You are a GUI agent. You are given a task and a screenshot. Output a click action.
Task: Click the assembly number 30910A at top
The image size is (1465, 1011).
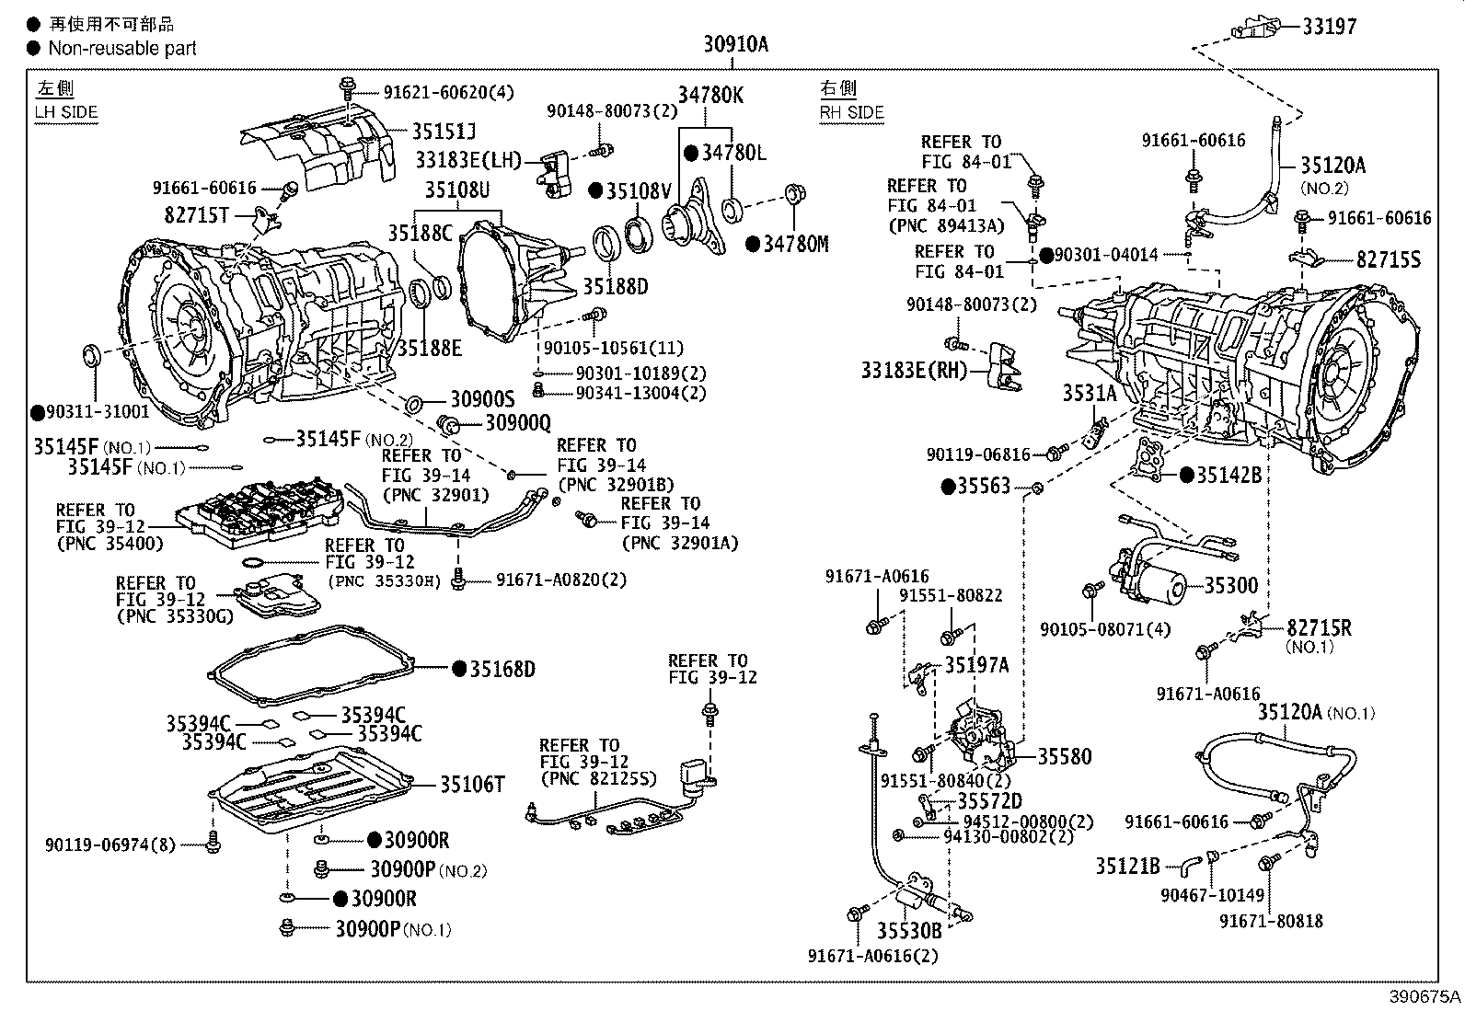coord(735,43)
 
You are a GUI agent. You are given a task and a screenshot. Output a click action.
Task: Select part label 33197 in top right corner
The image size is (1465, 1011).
coord(1329,27)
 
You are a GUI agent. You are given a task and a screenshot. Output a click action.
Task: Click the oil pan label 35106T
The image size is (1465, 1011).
coord(472,784)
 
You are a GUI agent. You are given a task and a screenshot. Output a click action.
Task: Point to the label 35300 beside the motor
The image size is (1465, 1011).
coord(1230,585)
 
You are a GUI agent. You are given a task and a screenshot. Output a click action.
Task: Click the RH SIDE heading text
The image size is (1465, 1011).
coord(851,112)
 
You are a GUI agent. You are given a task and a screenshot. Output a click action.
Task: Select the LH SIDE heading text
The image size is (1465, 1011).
coord(66,112)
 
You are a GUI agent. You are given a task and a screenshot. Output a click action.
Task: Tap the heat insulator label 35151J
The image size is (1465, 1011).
coord(444,132)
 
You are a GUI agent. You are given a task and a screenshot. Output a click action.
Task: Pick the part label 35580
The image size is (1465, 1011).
coord(1065,756)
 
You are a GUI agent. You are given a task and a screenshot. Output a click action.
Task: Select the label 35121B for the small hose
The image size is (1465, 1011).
coord(1127,866)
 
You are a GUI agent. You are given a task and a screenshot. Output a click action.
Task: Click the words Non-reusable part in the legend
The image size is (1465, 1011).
coord(122,48)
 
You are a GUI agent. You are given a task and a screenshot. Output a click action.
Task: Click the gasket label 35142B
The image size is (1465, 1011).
coord(1229,475)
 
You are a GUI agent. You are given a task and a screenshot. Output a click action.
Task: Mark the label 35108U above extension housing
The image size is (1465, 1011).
coord(456,191)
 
